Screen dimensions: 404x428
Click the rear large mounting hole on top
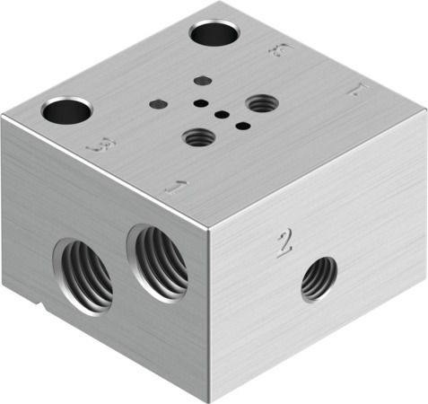point(214,34)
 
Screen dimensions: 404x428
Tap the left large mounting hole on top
point(67,112)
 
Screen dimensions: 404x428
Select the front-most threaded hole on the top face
point(199,138)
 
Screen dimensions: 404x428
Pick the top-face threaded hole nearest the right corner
point(261,104)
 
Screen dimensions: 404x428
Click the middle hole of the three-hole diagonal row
point(221,114)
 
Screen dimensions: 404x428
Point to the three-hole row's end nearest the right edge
point(241,125)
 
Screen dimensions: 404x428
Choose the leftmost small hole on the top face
point(158,103)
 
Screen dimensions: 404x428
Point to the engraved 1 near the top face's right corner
point(356,90)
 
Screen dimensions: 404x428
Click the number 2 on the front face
point(285,243)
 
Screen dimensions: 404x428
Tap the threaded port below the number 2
point(319,278)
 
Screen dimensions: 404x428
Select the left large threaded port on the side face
point(83,273)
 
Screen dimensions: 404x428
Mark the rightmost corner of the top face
point(425,111)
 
